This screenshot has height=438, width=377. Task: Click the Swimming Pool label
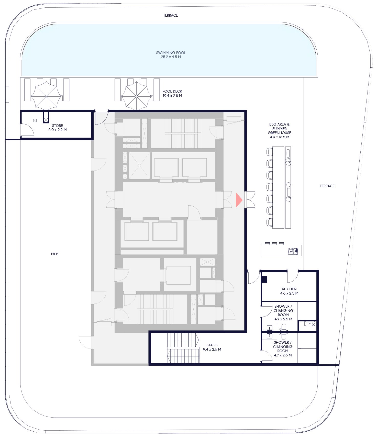171,55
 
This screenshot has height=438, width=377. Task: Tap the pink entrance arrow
239,200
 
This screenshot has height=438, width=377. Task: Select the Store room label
58,128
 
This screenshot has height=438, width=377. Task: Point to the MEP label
54,254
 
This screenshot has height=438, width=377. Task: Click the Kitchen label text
289,291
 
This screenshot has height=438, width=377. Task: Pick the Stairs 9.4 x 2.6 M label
212,347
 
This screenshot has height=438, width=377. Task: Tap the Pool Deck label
172,93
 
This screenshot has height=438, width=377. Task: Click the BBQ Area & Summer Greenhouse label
280,131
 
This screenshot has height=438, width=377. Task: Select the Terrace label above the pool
171,15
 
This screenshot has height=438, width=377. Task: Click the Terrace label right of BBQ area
327,186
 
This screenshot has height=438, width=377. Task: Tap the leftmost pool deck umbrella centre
46,96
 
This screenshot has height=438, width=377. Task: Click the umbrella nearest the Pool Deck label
136,96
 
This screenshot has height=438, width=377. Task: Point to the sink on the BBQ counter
293,251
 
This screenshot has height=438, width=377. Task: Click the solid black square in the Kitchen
264,279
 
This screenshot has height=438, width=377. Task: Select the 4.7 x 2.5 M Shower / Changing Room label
283,313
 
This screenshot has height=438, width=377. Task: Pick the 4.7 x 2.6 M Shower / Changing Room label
283,349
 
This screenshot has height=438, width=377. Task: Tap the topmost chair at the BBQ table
270,152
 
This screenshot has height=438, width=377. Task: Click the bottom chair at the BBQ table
270,222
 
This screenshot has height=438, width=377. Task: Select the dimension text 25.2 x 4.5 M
171,57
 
